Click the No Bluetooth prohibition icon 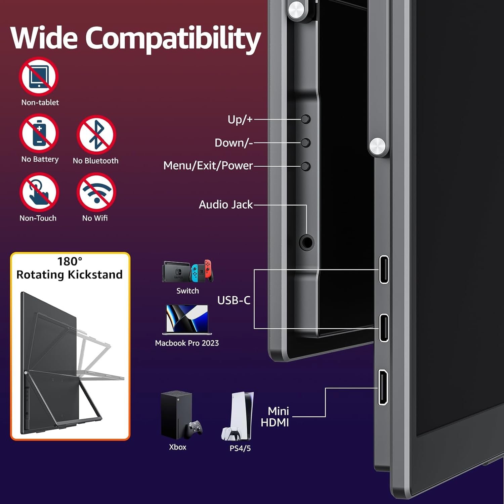(96, 134)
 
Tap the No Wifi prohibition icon (96, 192)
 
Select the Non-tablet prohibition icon (39, 77)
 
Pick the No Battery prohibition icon (39, 133)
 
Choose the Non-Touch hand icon (39, 192)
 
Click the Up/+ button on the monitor (305, 119)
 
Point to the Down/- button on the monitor (305, 143)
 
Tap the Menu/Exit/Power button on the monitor (305, 166)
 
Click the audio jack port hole (306, 242)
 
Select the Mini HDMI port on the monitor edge (383, 387)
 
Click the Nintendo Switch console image (188, 271)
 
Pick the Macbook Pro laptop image (187, 320)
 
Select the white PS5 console (239, 417)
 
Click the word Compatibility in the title (173, 39)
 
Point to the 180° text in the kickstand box (70, 261)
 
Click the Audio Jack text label (226, 205)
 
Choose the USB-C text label (234, 300)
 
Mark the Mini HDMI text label (275, 417)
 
